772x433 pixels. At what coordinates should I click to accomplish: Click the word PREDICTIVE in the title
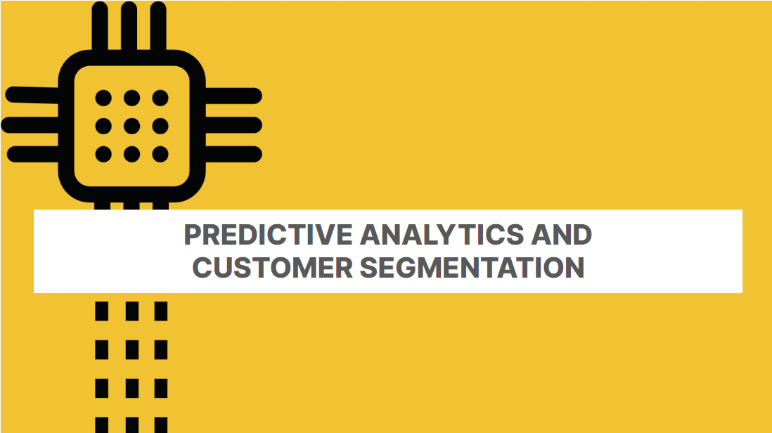click(269, 234)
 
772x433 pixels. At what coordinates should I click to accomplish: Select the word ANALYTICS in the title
click(442, 234)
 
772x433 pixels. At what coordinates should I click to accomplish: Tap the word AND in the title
click(561, 234)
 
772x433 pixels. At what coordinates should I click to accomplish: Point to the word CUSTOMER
click(272, 268)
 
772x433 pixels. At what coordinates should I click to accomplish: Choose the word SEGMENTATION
click(472, 268)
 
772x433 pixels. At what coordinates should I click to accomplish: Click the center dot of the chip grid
click(131, 126)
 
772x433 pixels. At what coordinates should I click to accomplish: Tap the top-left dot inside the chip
click(103, 98)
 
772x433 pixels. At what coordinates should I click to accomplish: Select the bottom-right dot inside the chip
click(160, 154)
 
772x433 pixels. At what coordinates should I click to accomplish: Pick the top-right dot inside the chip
click(160, 98)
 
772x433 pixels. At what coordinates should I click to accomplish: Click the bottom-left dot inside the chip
click(103, 154)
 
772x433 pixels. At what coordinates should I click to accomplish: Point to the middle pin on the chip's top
click(129, 26)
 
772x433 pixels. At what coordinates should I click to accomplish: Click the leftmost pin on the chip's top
click(100, 26)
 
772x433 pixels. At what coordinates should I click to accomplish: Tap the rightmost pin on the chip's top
click(158, 26)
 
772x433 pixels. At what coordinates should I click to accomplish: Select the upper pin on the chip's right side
click(233, 96)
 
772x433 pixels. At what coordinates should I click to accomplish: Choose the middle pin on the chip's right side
click(233, 125)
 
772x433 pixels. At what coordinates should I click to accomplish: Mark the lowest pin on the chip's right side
click(233, 154)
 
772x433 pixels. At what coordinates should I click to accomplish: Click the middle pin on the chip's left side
click(30, 125)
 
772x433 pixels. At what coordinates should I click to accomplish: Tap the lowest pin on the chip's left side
click(33, 154)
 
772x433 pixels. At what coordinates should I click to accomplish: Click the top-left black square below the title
click(101, 311)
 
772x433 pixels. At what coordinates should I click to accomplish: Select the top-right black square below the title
click(161, 311)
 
